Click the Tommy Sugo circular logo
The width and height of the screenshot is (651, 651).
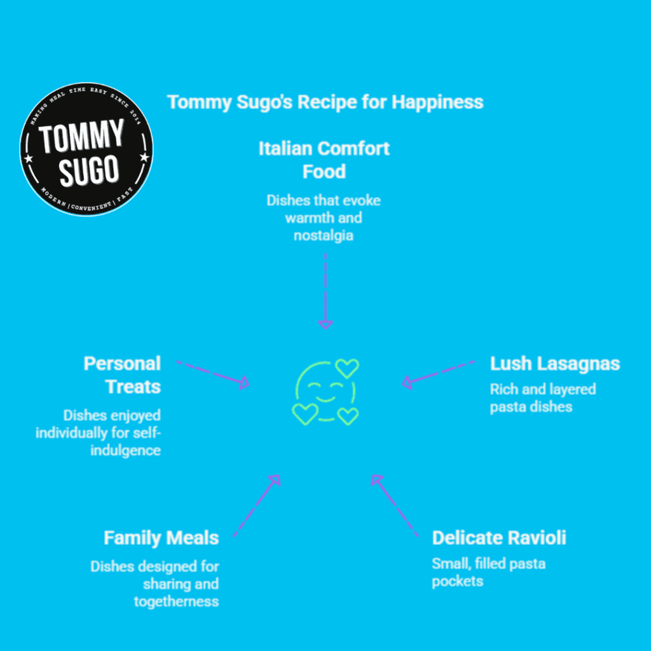[x=86, y=149]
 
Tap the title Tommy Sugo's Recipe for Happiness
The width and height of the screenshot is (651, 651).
[x=325, y=102]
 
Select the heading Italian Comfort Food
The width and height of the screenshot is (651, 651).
[x=324, y=160]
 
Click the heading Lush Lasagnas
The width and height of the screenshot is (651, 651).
[x=554, y=364]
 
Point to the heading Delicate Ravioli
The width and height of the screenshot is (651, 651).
[x=499, y=538]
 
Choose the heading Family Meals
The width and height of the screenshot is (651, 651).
[x=161, y=538]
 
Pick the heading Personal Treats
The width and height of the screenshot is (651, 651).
[x=122, y=375]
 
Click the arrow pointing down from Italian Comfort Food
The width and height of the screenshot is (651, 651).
[x=325, y=291]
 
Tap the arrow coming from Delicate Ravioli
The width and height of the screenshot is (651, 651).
[x=394, y=505]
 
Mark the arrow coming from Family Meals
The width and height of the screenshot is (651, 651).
[x=257, y=505]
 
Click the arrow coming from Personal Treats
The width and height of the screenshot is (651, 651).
[x=212, y=374]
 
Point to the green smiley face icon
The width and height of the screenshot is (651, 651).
[x=325, y=392]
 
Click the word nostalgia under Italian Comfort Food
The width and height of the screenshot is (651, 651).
[x=324, y=235]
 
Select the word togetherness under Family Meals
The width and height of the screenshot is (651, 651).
[x=176, y=601]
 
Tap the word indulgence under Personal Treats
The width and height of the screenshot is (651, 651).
[x=125, y=450]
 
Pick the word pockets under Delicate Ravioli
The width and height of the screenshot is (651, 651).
[x=458, y=581]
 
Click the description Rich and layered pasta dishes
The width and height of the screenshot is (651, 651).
[x=543, y=398]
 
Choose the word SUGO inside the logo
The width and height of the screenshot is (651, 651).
[x=89, y=170]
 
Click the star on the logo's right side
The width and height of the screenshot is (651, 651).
[x=144, y=158]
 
